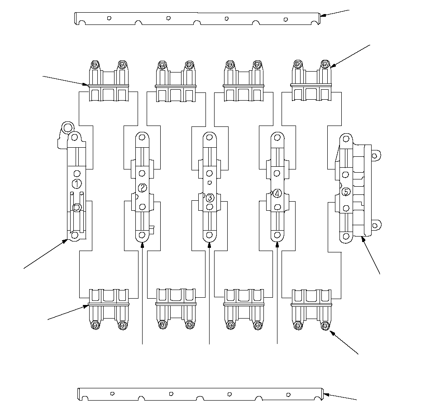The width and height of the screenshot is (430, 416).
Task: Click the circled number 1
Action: click(x=77, y=184)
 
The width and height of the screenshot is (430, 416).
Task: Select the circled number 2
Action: click(x=142, y=188)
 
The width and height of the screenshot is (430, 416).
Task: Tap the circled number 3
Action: click(x=210, y=198)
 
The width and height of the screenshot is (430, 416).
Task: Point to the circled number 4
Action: click(x=277, y=193)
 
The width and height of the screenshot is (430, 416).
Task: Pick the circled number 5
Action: click(x=346, y=192)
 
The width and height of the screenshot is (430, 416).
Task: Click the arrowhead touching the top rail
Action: click(x=322, y=16)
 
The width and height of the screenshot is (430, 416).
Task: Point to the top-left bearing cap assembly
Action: click(x=108, y=81)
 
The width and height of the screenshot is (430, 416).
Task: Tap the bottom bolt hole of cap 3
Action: click(x=210, y=235)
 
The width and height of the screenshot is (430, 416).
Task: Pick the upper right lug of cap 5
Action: click(x=374, y=155)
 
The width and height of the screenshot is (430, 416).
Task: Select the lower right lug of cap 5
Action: click(x=374, y=225)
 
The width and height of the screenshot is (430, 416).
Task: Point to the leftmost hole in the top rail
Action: click(x=109, y=18)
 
